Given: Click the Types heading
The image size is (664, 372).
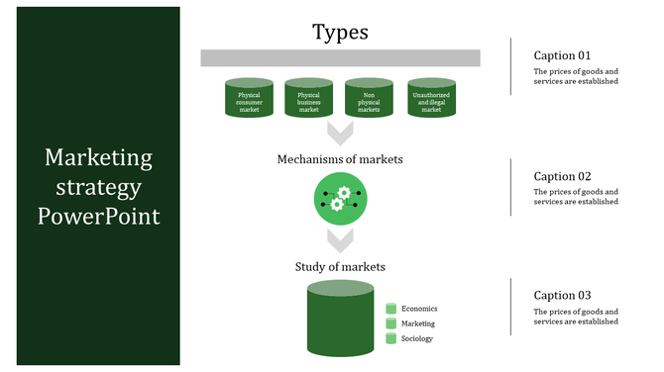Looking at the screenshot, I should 340,32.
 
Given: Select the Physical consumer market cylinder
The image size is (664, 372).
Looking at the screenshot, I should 249,99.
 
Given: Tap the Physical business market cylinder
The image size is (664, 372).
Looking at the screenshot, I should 309,99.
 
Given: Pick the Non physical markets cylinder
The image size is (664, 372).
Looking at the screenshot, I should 369,99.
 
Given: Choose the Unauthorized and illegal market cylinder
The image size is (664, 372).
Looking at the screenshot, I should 431,99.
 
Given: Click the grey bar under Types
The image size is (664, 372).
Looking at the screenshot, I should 340,57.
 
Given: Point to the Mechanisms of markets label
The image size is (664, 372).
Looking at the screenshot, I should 340,158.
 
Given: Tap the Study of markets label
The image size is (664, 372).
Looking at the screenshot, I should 340,266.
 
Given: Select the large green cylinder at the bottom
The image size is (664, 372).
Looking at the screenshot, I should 340,319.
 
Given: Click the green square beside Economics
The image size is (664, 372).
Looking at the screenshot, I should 390,309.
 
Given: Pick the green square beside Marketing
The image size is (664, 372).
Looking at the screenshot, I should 390,324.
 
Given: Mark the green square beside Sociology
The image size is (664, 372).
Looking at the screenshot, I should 390,338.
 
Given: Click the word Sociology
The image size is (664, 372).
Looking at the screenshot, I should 418,338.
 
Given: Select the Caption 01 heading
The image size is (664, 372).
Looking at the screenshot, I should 562,55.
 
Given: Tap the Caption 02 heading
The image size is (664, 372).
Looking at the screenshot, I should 562,176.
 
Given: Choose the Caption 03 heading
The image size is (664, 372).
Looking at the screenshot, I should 562,295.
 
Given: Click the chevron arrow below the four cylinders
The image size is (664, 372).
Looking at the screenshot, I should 340,133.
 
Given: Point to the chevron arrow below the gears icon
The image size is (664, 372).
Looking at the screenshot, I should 340,238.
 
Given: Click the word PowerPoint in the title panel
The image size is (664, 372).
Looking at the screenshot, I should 98,216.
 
